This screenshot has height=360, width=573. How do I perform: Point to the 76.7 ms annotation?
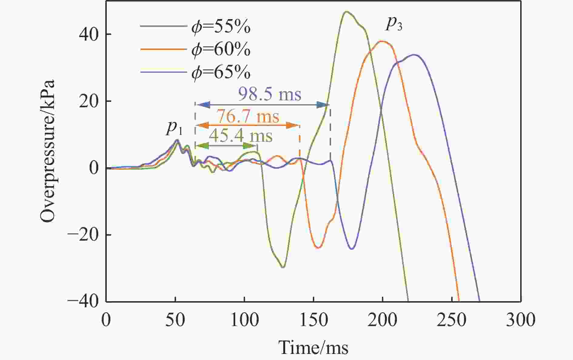(248, 117)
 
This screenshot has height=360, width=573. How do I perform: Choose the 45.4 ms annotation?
(241, 136)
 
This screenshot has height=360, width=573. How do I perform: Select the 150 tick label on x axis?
(313, 320)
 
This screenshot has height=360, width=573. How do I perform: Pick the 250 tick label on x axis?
(451, 320)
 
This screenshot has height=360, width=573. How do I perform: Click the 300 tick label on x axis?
(520, 320)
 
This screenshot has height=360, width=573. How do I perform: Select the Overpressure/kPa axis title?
(48, 152)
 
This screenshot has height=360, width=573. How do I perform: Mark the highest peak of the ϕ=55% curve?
(346, 12)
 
